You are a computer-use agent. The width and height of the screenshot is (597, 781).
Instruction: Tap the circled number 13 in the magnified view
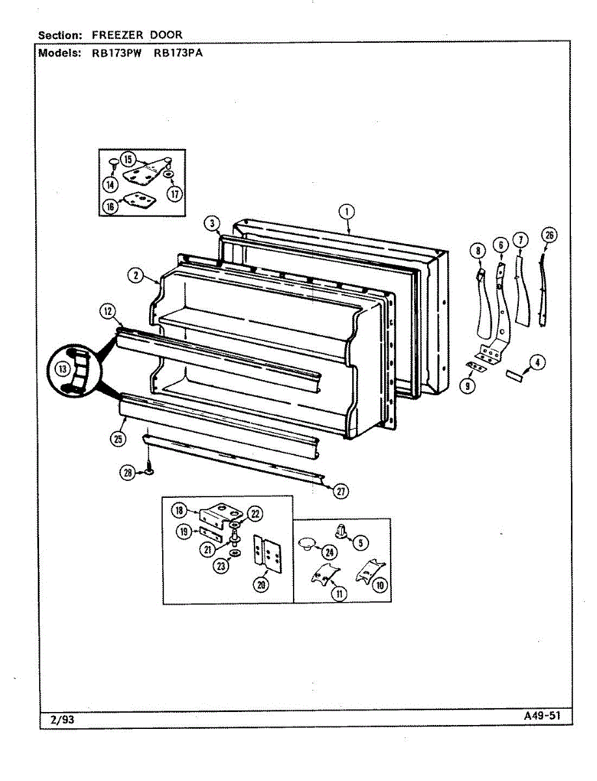(x=62, y=369)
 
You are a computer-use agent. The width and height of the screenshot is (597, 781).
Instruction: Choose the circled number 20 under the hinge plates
(x=261, y=585)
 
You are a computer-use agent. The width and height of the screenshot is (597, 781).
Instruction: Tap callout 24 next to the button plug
(x=330, y=553)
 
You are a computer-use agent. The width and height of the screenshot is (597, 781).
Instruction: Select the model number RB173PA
(x=178, y=53)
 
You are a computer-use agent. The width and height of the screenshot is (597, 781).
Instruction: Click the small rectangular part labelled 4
(x=514, y=375)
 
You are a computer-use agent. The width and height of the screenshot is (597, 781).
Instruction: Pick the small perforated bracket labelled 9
(x=477, y=366)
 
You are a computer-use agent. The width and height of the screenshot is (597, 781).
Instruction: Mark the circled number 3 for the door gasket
(x=212, y=224)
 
